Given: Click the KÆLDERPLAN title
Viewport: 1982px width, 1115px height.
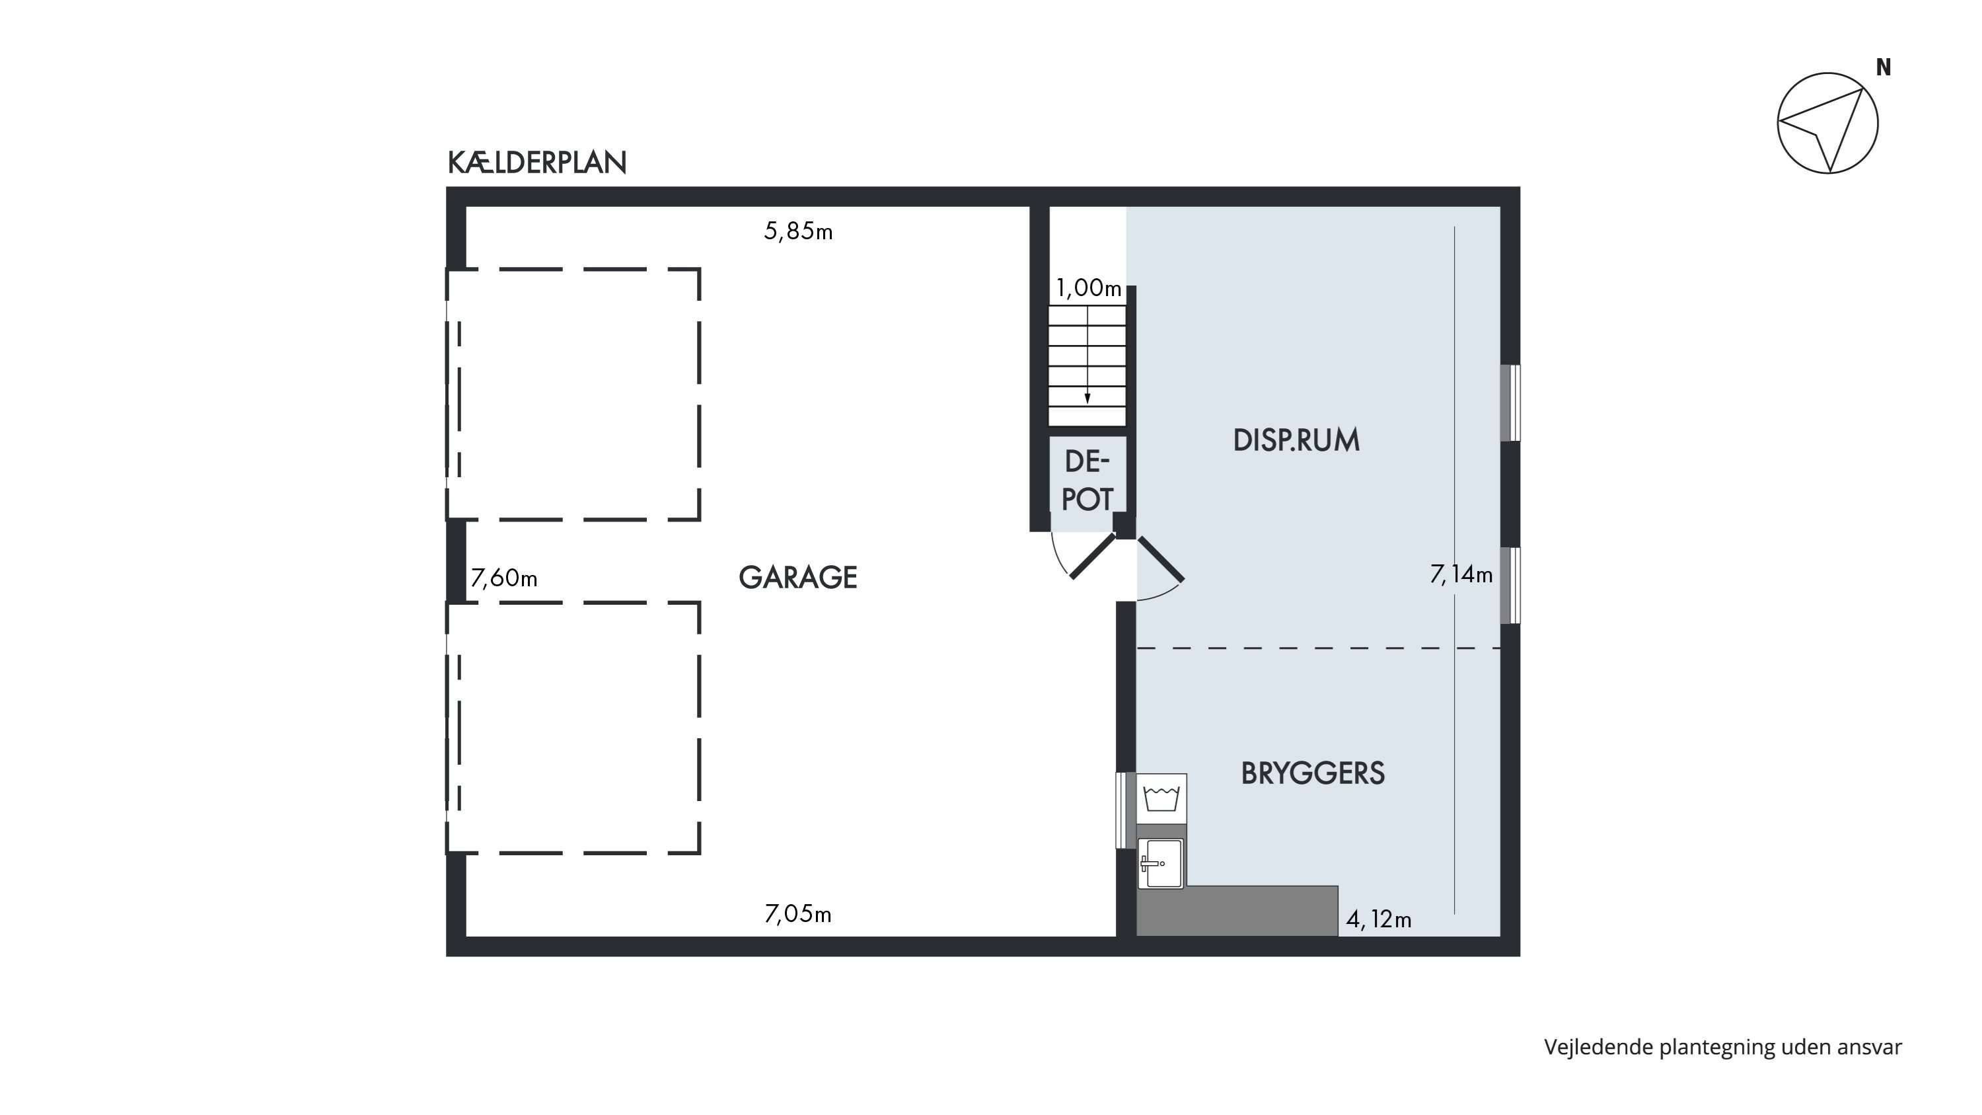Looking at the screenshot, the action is pos(537,163).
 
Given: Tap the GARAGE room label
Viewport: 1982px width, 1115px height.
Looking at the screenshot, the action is pos(798,577).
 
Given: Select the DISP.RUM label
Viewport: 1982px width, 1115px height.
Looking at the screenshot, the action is pos(1296,440).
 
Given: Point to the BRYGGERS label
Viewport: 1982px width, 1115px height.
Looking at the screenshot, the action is pos(1313,773).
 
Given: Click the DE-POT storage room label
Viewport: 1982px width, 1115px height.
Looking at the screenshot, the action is pos(1087,480).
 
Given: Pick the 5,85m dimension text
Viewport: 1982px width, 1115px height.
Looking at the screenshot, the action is pos(798,231).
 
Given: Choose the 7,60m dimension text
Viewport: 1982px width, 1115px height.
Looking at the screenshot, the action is pos(504,577).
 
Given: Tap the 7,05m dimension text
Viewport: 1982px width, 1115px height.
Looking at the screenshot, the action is pos(798,913).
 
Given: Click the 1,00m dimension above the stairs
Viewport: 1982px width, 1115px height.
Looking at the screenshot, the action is pos(1089,288).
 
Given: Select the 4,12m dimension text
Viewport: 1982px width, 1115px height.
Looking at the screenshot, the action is pos(1379,919).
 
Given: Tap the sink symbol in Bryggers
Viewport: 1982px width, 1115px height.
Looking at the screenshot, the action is pos(1161,863).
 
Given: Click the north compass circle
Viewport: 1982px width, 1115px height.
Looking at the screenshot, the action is pos(1827,123).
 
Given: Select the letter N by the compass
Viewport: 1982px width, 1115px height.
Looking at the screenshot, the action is pos(1884,67).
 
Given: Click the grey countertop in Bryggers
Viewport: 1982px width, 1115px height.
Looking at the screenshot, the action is pos(1237,911).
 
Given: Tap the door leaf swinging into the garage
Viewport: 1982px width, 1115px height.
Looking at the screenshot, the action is pos(1093,556).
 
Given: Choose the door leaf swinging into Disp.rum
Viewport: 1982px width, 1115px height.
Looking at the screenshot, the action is pos(1161,558).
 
